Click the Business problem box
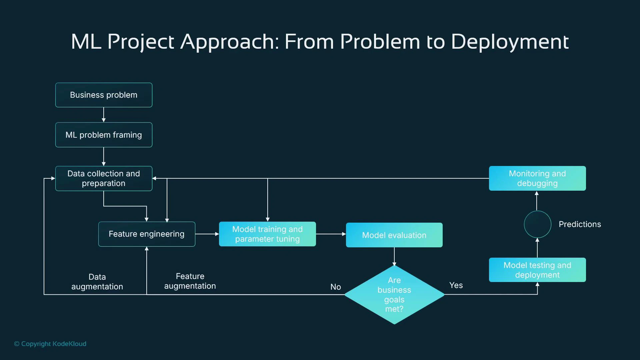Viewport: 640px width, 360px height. coord(104,95)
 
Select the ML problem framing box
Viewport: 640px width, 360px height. coord(104,135)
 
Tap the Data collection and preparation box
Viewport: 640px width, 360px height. coord(104,178)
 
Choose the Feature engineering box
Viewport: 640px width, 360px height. coord(147,234)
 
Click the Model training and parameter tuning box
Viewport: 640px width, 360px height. coord(267,234)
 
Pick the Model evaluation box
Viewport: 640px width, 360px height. coord(394,235)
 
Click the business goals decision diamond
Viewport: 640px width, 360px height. coord(394,295)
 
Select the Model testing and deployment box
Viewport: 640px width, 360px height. coord(537,270)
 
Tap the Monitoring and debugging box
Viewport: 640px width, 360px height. coord(537,178)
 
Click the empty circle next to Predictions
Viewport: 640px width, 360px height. coord(537,224)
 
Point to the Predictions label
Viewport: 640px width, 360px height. coord(580,224)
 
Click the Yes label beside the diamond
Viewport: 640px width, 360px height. coord(456,285)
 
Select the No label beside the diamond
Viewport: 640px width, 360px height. coord(335,287)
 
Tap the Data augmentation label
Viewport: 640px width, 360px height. coord(97,282)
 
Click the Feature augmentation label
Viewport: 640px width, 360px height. coord(190,281)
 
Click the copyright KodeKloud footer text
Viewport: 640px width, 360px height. coord(50,344)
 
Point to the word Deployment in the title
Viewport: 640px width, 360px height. coord(510,42)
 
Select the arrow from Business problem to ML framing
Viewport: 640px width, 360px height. coord(104,115)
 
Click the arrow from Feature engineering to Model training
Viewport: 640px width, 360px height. coord(207,234)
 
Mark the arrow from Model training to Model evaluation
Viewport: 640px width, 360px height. coord(331,234)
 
